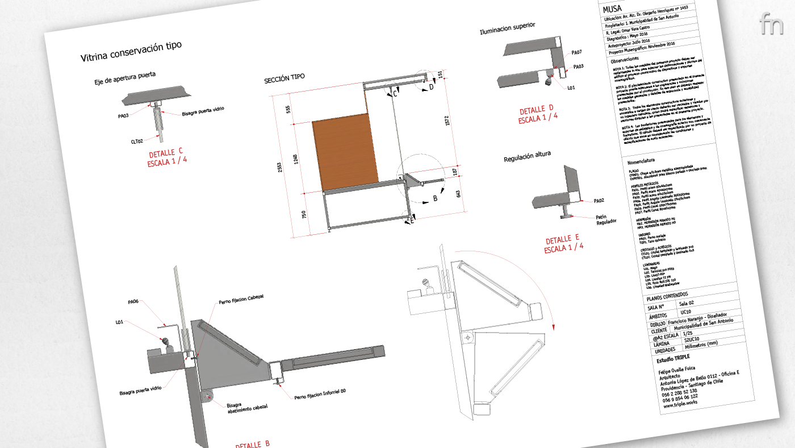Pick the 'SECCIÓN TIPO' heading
click(284, 80)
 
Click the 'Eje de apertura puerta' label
click(125, 78)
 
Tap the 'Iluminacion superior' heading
click(507, 29)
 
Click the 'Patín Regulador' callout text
click(605, 219)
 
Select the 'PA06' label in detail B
click(133, 302)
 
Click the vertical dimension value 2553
click(280, 169)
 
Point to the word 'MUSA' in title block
click(613, 10)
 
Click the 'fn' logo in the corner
click(771, 23)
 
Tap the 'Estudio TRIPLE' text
click(673, 358)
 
